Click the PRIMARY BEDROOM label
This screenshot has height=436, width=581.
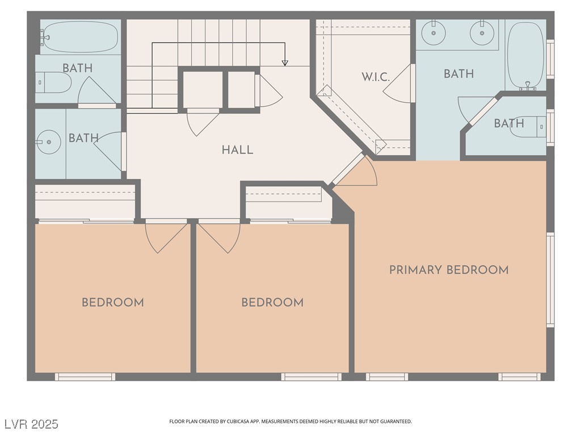tap(448, 270)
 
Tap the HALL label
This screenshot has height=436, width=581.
tap(237, 150)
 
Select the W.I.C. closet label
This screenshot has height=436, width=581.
tap(376, 77)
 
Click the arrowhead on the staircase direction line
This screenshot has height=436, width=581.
tap(285, 63)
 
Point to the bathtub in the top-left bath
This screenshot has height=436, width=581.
tap(80, 37)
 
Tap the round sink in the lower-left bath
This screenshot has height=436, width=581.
tap(49, 141)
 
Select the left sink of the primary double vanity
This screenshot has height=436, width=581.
tap(434, 33)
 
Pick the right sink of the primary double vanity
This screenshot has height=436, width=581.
tap(481, 33)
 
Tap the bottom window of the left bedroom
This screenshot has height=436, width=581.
tap(85, 376)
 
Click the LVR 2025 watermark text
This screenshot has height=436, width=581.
tap(31, 424)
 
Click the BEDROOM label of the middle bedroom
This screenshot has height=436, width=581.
tap(272, 303)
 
